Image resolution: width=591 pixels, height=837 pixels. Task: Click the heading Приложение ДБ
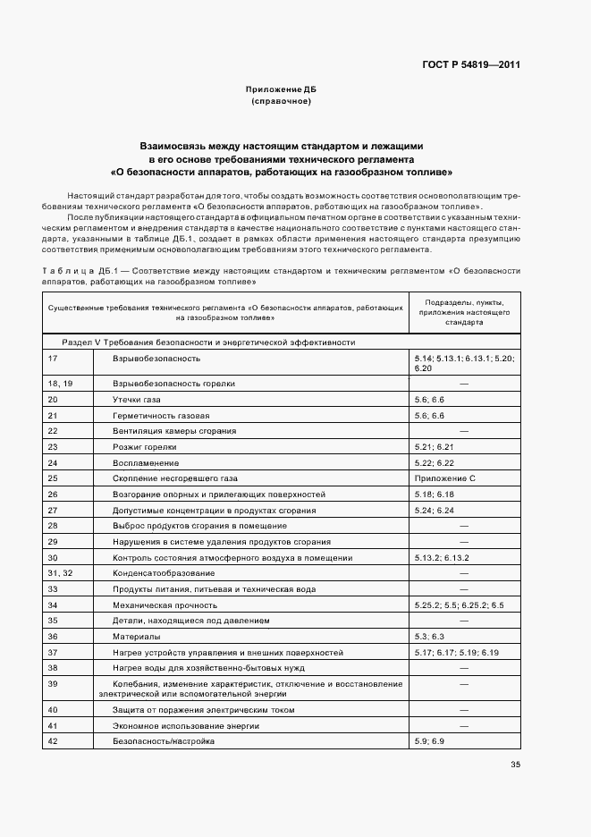point(282,90)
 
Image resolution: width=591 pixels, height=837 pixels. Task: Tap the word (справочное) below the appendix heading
point(282,102)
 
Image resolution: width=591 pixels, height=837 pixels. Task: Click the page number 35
point(515,764)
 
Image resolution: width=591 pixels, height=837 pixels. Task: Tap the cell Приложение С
point(444,478)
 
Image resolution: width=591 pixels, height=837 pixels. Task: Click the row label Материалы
point(137,636)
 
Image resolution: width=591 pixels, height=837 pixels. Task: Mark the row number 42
point(53,741)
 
